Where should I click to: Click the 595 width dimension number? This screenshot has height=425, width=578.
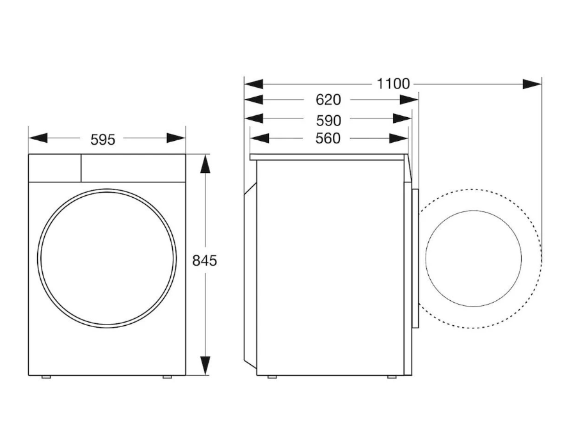point(102,140)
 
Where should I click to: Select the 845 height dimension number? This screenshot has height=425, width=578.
point(205,261)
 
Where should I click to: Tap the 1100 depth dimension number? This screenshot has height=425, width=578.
point(392,84)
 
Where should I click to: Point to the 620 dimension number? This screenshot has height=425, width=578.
point(328,100)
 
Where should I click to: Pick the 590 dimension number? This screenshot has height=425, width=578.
point(328,120)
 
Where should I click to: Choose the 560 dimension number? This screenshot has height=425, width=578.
point(328,138)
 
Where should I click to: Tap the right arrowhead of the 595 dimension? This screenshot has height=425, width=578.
point(176,138)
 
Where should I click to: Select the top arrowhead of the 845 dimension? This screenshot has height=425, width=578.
point(205,164)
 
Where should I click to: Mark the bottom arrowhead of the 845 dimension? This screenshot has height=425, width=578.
point(205,365)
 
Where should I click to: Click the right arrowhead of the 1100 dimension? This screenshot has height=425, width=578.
point(532,84)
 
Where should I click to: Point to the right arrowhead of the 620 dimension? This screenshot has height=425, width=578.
point(409,100)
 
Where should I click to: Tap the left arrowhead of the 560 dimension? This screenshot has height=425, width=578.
point(259,138)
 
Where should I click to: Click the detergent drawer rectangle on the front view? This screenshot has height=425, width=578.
point(54,168)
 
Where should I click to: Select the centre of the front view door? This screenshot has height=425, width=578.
point(107,258)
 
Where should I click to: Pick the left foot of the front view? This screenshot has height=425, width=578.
point(46,377)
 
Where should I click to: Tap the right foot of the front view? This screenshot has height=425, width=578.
point(167,377)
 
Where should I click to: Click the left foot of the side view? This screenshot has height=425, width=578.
point(271,377)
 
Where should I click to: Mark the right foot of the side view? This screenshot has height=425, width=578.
point(392,377)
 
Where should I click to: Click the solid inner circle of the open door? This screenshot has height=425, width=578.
point(473,258)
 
